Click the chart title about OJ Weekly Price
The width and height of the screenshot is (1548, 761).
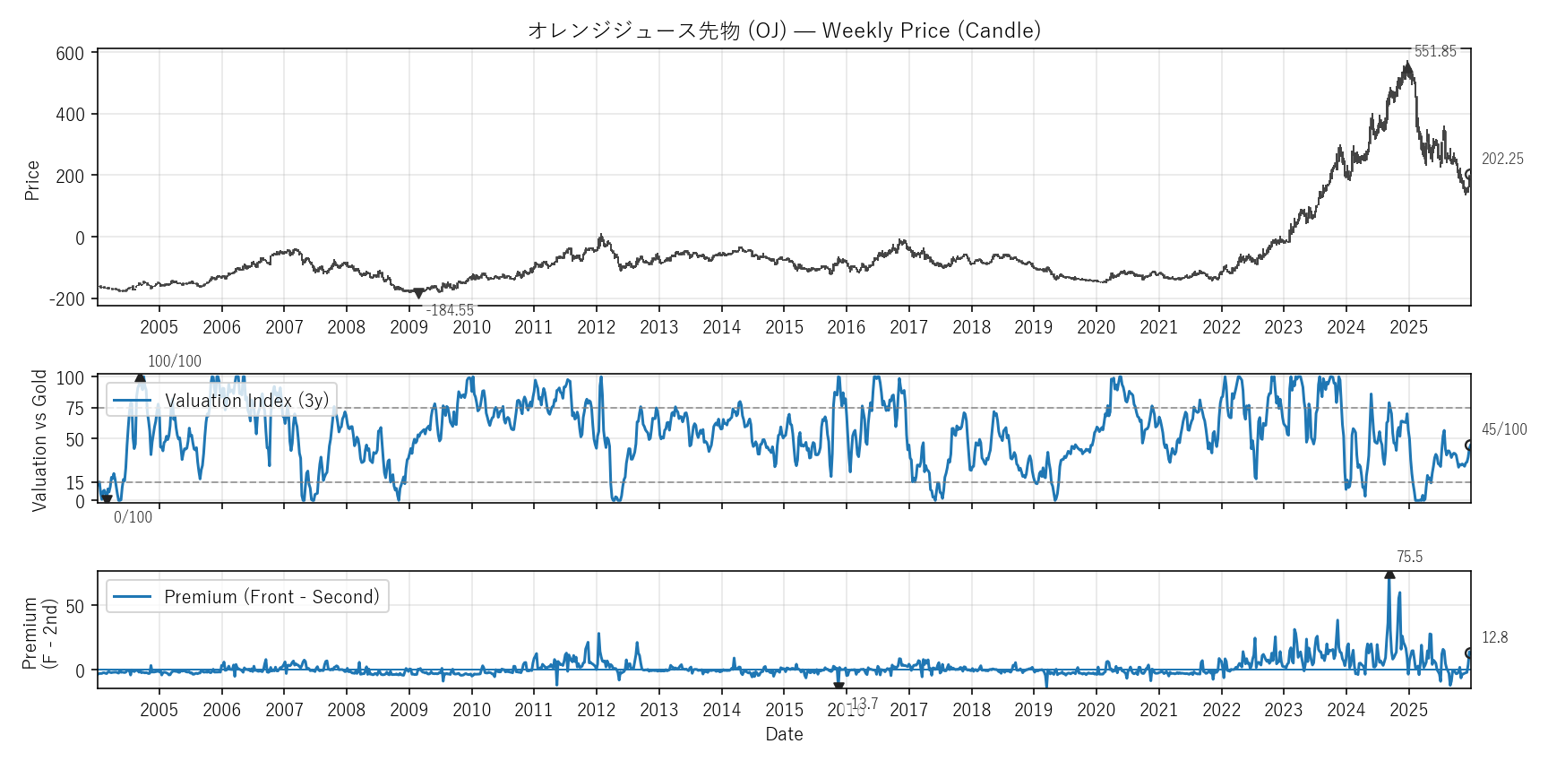click(784, 30)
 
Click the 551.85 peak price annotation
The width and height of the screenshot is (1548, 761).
click(1435, 51)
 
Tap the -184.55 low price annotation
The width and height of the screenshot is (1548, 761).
click(450, 310)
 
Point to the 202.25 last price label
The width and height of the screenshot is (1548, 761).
click(1502, 159)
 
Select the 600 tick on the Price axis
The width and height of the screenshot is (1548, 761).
click(70, 54)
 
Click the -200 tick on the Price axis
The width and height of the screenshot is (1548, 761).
click(67, 299)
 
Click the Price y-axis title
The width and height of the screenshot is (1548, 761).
click(32, 180)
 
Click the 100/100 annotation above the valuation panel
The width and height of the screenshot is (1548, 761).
click(175, 361)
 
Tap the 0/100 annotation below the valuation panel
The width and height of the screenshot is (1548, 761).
click(133, 517)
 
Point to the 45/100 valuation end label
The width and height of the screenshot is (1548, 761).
click(1504, 429)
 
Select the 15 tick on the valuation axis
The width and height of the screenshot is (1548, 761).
click(75, 483)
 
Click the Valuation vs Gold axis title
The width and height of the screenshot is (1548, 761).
click(39, 440)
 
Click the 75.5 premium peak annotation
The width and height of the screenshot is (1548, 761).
click(1409, 557)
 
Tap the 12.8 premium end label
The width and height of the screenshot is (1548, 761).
click(1494, 637)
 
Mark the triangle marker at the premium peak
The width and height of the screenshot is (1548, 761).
click(1389, 574)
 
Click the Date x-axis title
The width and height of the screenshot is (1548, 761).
click(784, 734)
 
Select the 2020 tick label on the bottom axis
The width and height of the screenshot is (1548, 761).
click(1096, 710)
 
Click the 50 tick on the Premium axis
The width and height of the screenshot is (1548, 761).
click(75, 606)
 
